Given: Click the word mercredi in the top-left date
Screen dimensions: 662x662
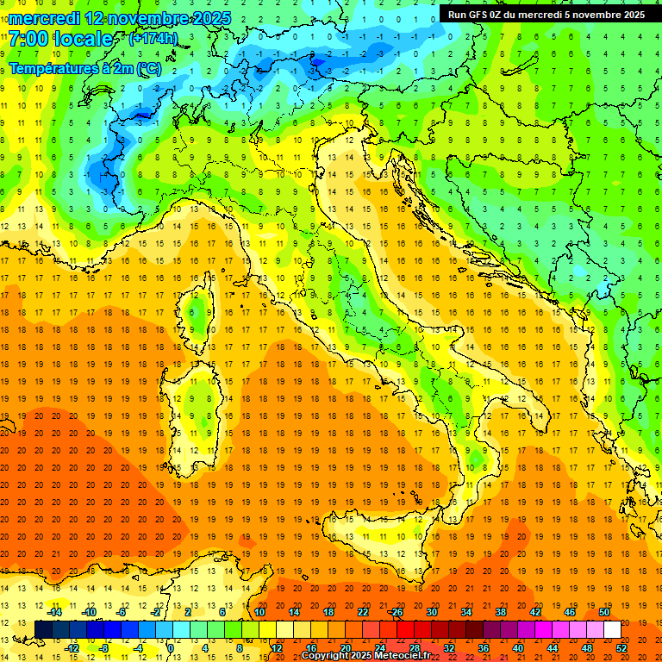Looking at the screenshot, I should (x=44, y=18).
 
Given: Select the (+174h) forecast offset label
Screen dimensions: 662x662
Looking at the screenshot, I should (x=153, y=38).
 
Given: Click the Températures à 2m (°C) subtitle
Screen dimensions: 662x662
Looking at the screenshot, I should (x=84, y=67).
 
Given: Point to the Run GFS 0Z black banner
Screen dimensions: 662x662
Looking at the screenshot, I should (x=546, y=14).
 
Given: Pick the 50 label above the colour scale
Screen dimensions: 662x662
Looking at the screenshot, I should (x=603, y=612).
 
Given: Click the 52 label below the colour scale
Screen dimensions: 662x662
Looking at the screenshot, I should (x=621, y=648).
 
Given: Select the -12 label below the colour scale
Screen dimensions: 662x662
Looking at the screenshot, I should (x=72, y=648).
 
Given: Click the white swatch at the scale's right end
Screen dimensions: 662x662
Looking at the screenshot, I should (x=612, y=629).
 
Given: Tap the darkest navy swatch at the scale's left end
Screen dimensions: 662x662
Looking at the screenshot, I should (x=43, y=629).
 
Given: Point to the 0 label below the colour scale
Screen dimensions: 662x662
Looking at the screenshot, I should (x=172, y=648).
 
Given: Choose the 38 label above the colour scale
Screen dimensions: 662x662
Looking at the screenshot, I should (x=500, y=612).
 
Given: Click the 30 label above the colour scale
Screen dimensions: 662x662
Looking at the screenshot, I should (x=431, y=612).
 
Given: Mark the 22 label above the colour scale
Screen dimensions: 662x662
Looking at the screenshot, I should (x=362, y=612).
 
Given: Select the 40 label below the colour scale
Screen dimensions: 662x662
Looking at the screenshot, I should (x=517, y=648).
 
